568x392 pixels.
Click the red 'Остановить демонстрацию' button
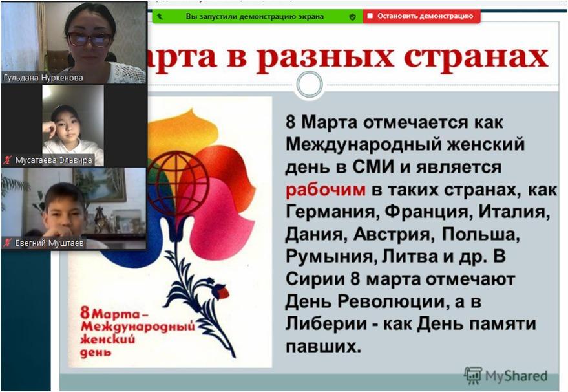point(422,16)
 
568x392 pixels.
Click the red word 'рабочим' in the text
point(325,190)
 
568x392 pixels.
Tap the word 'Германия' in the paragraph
point(332,212)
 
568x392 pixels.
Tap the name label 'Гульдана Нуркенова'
point(43,78)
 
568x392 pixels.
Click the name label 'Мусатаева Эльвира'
point(54,160)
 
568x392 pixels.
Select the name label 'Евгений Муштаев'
point(49,243)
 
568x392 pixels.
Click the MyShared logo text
point(516,376)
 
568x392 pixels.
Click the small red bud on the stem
point(222,291)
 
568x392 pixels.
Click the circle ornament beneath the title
point(310,85)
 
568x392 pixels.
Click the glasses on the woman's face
point(89,39)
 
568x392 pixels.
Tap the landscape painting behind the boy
point(99,184)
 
